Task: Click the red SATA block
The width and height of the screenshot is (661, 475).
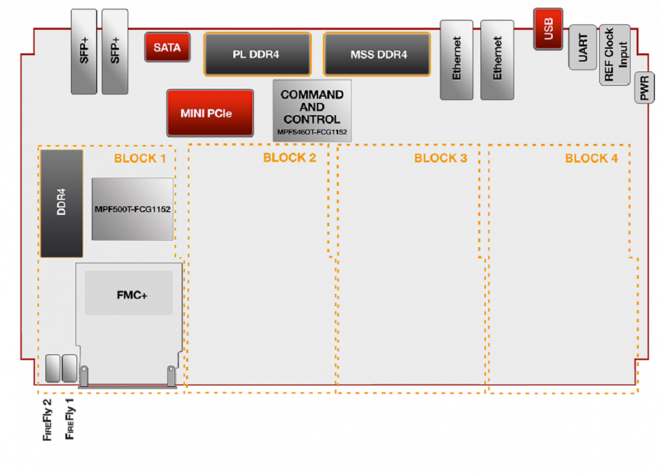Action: click(167, 47)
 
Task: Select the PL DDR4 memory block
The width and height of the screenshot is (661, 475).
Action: click(257, 54)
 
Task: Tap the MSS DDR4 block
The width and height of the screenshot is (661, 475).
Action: click(377, 54)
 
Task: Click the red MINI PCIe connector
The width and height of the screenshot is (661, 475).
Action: click(210, 113)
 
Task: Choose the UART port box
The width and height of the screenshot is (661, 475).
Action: click(583, 47)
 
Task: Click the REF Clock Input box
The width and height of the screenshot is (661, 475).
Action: click(614, 56)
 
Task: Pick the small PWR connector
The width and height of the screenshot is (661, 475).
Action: click(644, 91)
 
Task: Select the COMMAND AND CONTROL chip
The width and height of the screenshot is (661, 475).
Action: click(312, 110)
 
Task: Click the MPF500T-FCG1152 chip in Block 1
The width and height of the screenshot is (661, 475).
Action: click(133, 209)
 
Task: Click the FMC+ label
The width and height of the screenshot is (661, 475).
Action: click(132, 295)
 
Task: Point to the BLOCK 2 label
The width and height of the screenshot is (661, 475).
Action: click(289, 158)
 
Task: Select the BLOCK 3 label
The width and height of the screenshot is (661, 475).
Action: click(440, 159)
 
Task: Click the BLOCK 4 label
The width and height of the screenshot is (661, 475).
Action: click(591, 159)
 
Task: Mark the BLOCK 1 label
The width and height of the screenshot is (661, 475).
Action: click(140, 159)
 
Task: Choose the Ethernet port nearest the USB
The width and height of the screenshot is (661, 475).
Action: click(497, 59)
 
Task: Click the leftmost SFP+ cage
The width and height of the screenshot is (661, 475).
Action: click(84, 52)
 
